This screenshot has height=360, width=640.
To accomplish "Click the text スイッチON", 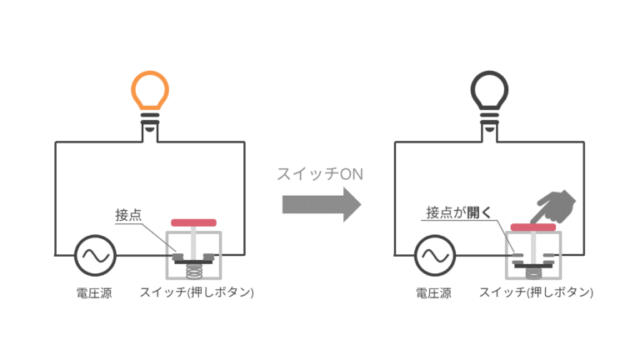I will coord(321,174).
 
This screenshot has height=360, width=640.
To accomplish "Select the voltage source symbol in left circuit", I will coord(93,255).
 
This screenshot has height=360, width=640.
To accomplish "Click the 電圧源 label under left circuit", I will coord(93,293).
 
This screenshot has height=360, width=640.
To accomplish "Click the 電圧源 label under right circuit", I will coord(433,293).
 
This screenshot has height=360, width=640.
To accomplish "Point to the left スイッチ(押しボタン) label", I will coord(197,293).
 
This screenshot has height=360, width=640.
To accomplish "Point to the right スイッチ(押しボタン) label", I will coord(537,293).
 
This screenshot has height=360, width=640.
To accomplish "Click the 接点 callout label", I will coord(127,214).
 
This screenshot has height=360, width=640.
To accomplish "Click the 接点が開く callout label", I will coord(456,214).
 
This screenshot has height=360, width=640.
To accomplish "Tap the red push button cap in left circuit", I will coord(193,222).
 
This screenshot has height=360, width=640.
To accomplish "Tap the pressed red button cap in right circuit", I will coord(532,227).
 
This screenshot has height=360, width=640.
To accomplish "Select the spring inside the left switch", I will coord(193,270).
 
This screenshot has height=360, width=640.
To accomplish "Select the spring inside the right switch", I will coord(532,272).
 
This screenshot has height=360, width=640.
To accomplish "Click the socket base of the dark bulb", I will coord(490,126).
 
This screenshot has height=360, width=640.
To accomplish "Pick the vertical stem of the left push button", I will coord(193,240).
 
